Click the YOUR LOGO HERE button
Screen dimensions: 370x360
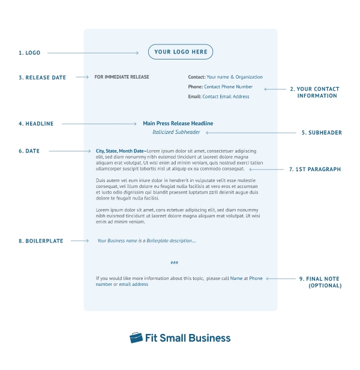coord(181,52)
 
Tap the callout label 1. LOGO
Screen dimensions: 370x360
coord(29,53)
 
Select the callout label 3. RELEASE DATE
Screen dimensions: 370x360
coord(42,77)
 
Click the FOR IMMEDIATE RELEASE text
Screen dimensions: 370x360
coord(122,77)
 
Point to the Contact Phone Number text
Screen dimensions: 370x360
coord(228,86)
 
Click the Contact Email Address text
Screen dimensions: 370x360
coord(226,96)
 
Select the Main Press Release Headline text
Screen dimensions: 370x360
coord(178,123)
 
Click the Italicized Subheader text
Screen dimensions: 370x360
coord(176,132)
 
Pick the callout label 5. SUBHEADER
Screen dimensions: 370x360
coord(322,132)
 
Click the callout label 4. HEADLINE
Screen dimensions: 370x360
coord(36,124)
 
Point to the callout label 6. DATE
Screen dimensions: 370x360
coord(29,151)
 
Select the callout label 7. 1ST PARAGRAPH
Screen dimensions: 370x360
coord(314,169)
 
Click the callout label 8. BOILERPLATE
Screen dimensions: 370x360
coord(41,241)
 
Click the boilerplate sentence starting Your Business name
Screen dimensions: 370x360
coord(146,241)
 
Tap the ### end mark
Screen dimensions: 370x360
coord(174,262)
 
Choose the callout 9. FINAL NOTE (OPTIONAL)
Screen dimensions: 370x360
coord(325,282)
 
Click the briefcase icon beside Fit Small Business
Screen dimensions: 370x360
coord(136,338)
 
